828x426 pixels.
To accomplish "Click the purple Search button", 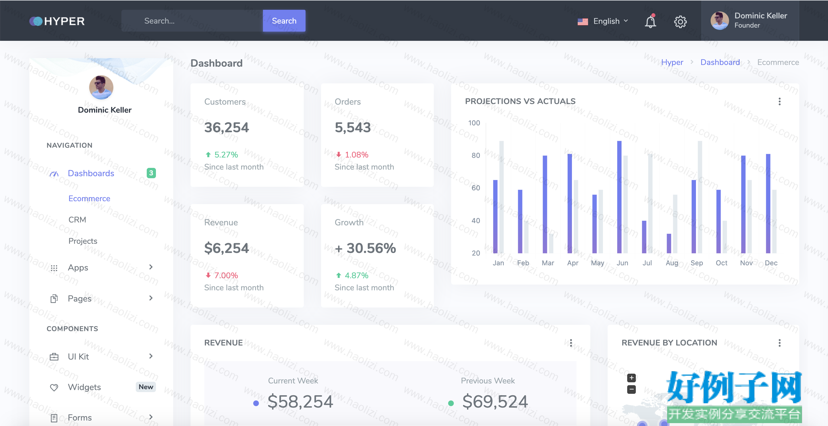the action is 284,21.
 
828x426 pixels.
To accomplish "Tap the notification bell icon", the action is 650,21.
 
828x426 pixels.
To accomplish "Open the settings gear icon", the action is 680,22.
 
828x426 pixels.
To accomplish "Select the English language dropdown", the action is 603,21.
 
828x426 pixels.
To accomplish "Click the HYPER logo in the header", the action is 57,21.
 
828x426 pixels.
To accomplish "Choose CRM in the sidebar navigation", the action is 77,220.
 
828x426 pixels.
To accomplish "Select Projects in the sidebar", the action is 83,241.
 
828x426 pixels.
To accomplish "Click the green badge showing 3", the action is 151,173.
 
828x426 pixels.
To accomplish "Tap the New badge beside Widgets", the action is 146,387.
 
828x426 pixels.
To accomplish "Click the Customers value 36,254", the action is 227,128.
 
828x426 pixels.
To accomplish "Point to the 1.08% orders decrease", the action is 352,155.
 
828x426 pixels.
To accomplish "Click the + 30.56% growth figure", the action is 365,248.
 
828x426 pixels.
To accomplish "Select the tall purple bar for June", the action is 619,197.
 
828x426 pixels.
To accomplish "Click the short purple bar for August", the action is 669,243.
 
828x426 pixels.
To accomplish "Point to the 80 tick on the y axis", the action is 476,156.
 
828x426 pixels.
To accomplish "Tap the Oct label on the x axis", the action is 721,263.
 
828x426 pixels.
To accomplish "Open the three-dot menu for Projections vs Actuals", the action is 779,101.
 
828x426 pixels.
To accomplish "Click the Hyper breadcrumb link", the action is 672,62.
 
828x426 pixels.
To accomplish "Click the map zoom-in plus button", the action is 631,378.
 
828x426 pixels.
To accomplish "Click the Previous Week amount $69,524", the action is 495,402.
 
